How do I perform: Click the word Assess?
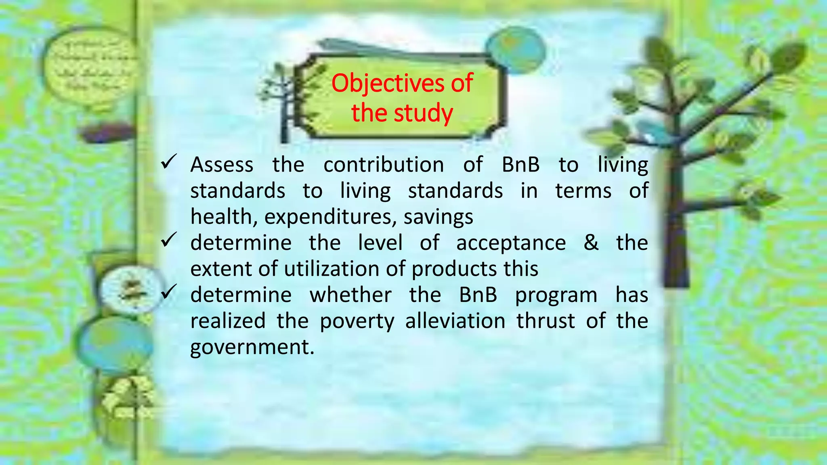(x=222, y=165)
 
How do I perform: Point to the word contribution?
(x=384, y=165)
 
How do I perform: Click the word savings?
(x=438, y=217)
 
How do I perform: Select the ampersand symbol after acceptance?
(x=591, y=243)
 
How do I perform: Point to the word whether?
(x=351, y=295)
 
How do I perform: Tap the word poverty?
(x=357, y=322)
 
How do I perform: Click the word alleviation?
(x=455, y=321)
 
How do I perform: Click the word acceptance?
(x=511, y=243)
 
